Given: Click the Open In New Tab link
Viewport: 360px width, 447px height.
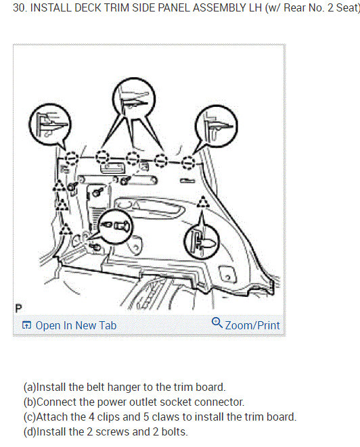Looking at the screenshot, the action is point(69,325).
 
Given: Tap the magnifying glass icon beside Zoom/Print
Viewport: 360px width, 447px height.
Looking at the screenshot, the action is point(217,323).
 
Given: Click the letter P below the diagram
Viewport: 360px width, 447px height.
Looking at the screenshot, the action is point(18,308).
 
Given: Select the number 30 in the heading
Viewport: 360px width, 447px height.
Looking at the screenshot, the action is point(19,7).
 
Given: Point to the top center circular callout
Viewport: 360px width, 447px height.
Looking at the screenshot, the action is point(134,99).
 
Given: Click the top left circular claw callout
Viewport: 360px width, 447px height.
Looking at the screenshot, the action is point(50,124).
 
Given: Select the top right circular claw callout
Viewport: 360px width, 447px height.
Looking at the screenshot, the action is point(217,126).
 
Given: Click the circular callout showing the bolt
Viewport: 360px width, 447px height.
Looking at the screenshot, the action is point(116,227).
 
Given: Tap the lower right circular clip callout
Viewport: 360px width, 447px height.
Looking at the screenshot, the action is point(202,241).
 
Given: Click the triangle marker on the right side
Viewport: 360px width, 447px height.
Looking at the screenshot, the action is point(203,202).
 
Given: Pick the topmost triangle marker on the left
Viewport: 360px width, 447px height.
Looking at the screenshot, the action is point(59,186).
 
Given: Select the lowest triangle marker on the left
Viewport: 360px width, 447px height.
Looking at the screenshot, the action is point(66,229).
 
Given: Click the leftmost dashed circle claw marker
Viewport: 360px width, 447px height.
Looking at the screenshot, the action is point(71,158).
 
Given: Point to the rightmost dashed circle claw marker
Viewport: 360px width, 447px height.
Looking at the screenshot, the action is point(188,162).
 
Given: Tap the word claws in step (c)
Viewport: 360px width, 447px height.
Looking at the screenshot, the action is point(166,417).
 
